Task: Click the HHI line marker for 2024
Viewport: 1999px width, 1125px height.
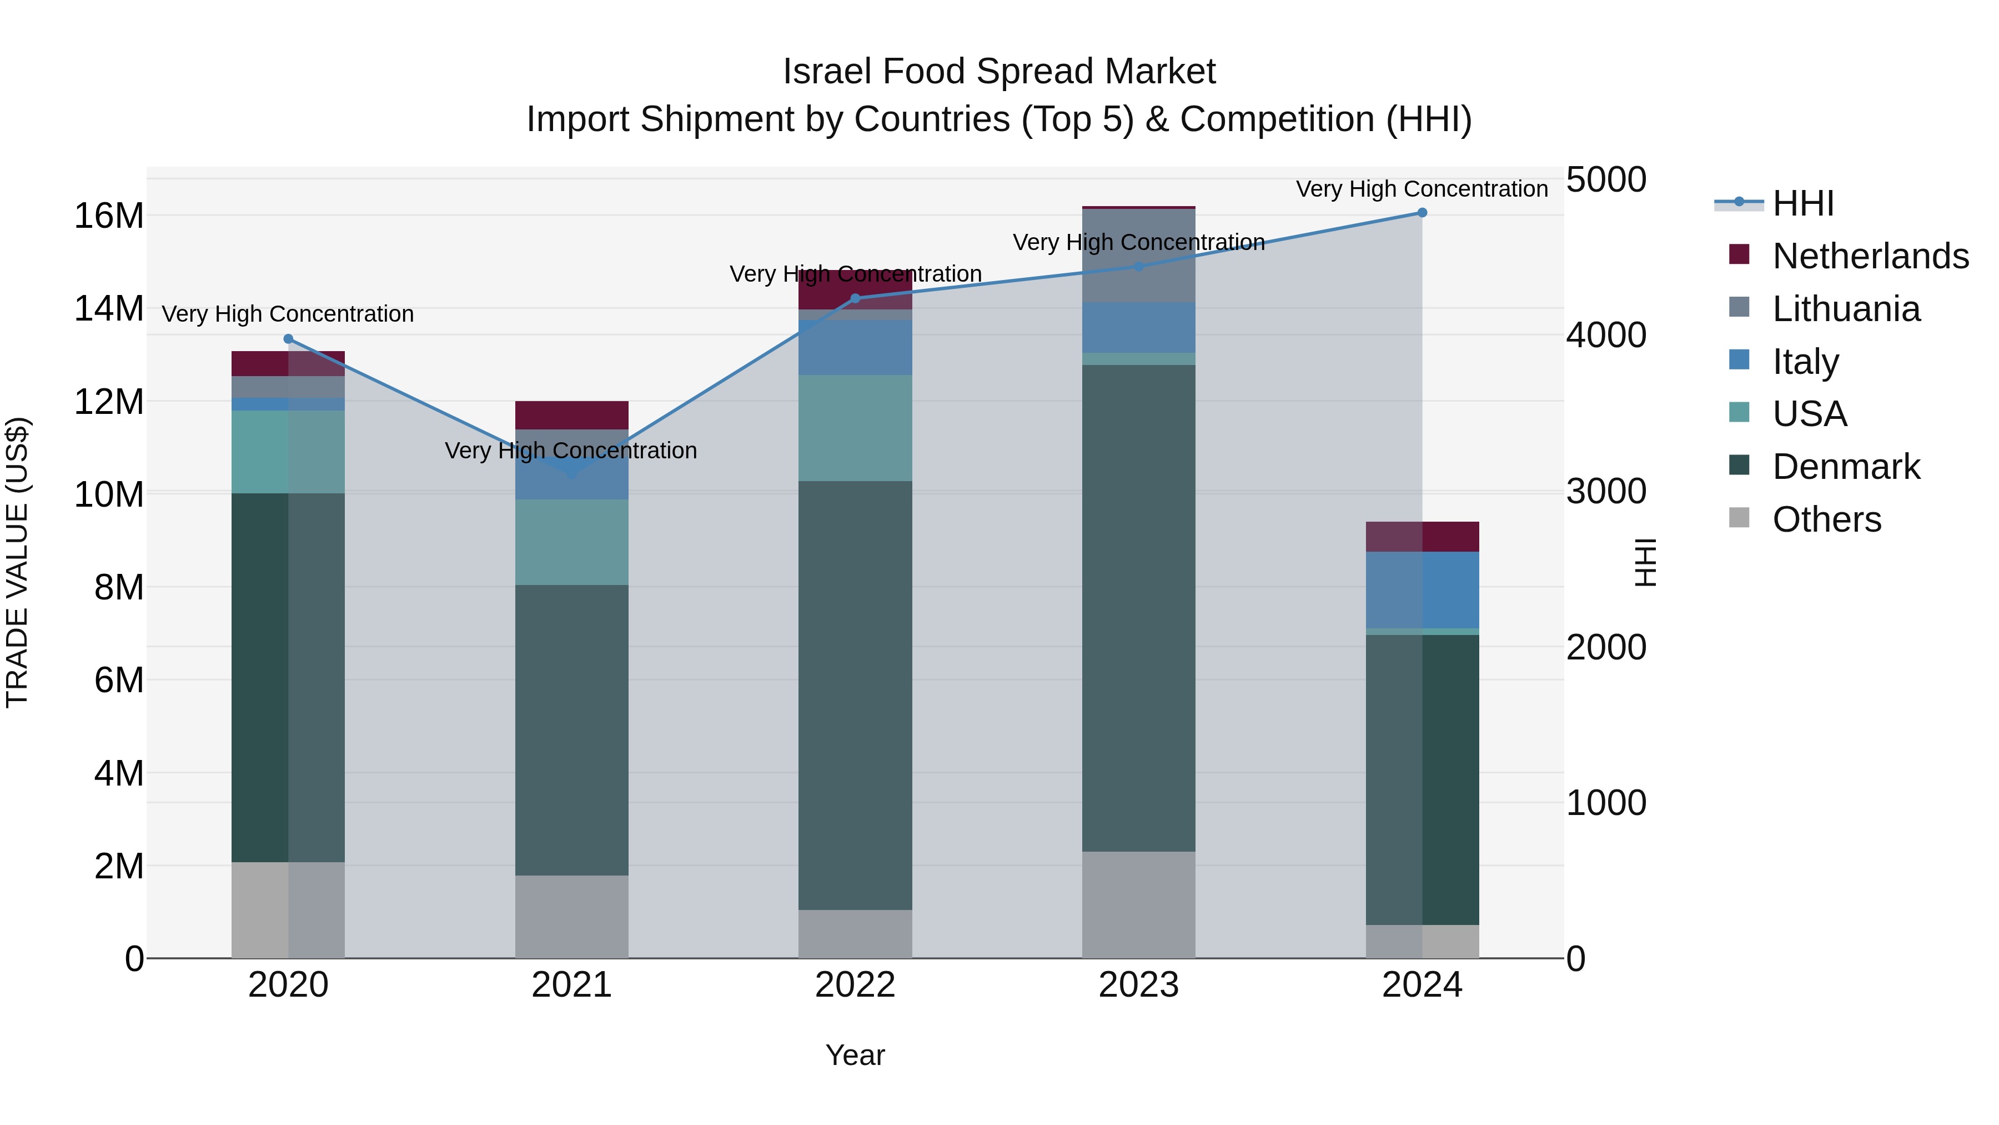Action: [1422, 213]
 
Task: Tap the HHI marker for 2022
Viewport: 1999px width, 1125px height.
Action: [855, 298]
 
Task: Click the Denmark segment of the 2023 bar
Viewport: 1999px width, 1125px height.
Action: [1138, 608]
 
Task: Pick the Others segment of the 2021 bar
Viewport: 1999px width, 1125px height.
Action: [571, 916]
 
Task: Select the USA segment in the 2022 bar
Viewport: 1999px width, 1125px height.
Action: [855, 428]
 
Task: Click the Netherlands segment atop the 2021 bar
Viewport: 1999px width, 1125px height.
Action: [571, 416]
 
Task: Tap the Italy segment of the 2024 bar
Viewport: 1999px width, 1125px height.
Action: [1422, 590]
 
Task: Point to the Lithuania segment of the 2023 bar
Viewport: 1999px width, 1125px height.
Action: [1138, 256]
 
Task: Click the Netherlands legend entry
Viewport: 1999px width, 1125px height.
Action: [1870, 256]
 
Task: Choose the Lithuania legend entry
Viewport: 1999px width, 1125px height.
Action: [1845, 309]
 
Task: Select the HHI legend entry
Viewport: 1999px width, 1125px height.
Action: [1802, 203]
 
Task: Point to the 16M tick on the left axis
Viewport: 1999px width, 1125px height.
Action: [109, 216]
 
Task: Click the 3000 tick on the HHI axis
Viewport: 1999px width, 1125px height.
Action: [1605, 492]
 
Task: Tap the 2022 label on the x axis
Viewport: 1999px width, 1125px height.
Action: [855, 985]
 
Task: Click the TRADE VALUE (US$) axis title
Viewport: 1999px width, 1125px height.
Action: [17, 562]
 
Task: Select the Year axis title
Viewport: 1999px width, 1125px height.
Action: [855, 1055]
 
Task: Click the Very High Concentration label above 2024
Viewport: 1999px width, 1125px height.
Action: [1422, 189]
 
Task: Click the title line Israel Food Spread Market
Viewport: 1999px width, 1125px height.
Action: [999, 72]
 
